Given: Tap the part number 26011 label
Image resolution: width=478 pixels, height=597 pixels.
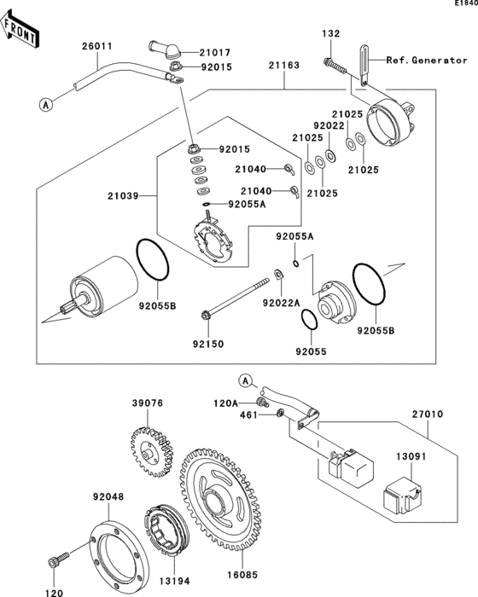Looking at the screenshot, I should click(x=96, y=45).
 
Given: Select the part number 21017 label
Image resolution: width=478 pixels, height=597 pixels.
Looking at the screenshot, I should click(x=215, y=52).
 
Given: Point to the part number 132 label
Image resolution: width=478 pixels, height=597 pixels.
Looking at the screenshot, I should click(x=330, y=33).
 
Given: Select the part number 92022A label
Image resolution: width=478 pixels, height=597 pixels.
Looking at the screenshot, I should click(x=280, y=303).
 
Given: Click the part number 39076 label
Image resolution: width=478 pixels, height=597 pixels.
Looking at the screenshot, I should click(x=147, y=403).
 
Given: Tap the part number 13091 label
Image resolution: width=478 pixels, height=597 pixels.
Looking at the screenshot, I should click(x=410, y=456).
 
